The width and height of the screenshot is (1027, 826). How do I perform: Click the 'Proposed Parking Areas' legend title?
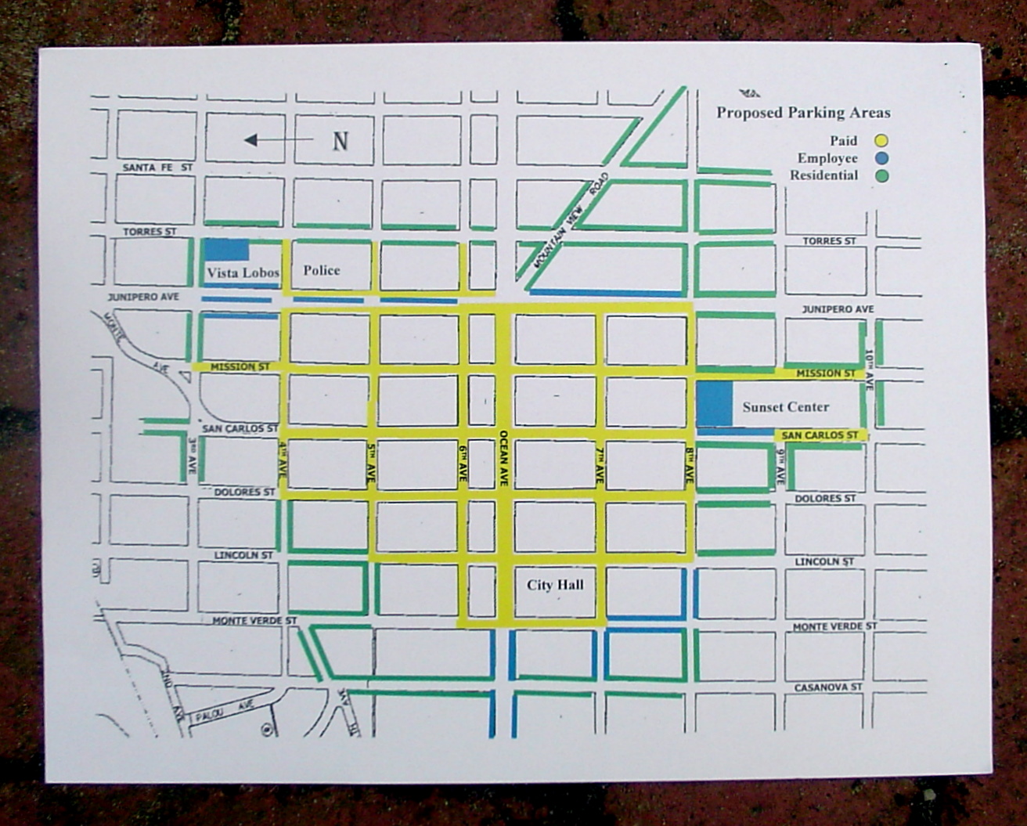[x=803, y=113]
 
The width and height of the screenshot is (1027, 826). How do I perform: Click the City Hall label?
[x=555, y=585]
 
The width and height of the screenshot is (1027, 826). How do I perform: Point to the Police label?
[x=322, y=270]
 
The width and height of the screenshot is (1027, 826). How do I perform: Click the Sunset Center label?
[x=785, y=407]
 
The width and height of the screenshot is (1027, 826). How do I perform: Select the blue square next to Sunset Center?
[x=714, y=404]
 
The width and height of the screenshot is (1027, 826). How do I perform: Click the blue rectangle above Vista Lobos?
[x=227, y=249]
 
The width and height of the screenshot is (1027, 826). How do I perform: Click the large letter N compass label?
[x=340, y=142]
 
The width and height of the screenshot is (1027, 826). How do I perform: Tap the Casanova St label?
[x=827, y=687]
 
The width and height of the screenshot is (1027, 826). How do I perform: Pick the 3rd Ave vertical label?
[x=193, y=457]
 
